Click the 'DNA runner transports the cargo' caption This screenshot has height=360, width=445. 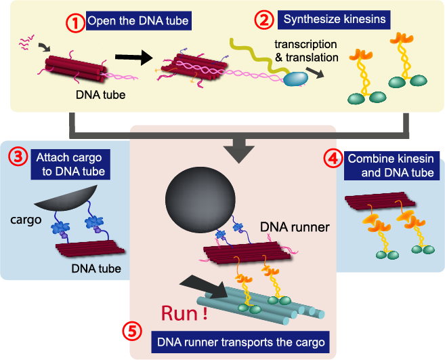241,341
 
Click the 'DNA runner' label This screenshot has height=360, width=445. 295,227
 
